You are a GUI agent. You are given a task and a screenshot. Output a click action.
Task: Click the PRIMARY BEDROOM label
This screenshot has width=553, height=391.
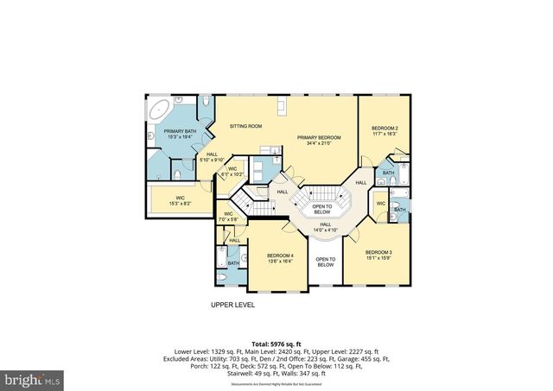tap(319, 137)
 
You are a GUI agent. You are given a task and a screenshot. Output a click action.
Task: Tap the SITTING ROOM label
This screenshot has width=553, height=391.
tap(245, 126)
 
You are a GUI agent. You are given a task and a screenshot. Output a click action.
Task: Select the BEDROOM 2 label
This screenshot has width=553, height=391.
tap(385, 128)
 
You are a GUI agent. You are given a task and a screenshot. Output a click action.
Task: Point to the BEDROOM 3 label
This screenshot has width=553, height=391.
tap(377, 252)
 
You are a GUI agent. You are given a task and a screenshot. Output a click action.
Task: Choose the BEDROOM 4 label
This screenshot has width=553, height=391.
tap(280, 255)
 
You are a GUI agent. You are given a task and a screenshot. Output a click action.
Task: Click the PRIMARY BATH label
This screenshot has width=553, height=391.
tap(181, 130)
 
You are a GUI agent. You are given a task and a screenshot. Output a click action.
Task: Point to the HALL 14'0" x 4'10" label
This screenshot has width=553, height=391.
tap(326, 225)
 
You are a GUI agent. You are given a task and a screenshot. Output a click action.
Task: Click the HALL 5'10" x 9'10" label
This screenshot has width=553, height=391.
tap(212, 156)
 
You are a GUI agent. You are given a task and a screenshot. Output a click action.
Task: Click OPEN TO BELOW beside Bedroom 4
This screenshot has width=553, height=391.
tap(325, 262)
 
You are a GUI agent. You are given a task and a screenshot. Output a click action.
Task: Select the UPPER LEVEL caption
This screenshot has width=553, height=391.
tap(232, 305)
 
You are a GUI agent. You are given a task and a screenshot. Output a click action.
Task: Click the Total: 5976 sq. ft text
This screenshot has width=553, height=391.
tap(276, 344)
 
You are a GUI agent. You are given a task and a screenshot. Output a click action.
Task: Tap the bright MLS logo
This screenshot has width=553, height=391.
tap(33, 378)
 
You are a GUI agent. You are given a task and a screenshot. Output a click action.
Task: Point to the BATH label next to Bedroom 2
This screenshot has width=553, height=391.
tap(388, 173)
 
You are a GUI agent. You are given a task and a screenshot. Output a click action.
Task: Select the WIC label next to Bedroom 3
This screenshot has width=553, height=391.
tap(381, 204)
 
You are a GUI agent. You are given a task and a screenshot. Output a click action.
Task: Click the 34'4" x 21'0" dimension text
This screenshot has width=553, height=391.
tap(319, 143)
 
